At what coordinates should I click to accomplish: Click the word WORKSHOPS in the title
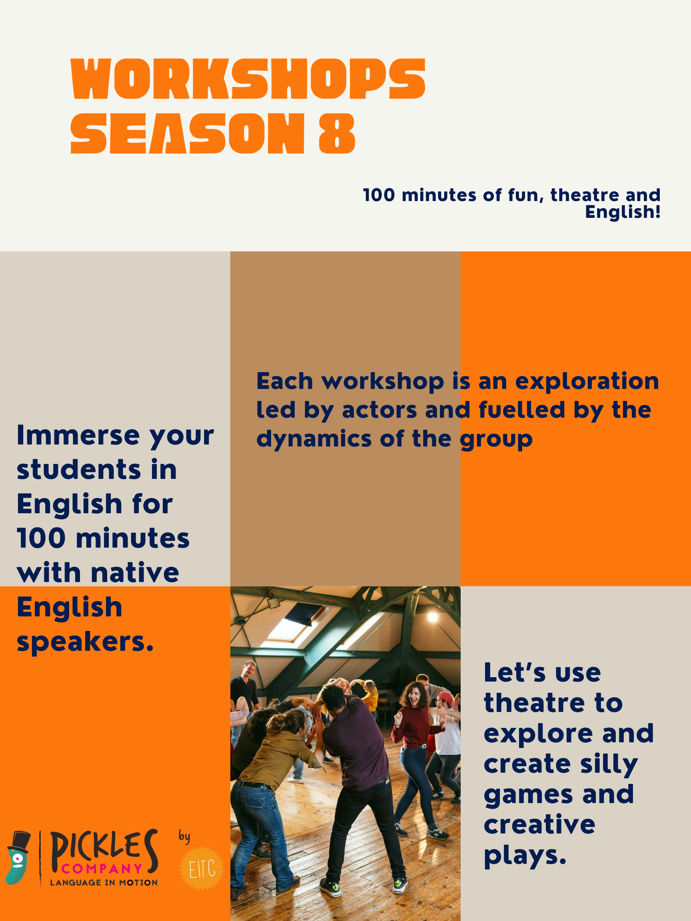point(248,79)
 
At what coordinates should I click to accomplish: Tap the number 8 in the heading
point(337,133)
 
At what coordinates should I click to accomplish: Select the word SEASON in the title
point(188,133)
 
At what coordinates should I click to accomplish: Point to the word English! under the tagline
point(623,211)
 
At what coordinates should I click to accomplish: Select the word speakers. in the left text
point(85,642)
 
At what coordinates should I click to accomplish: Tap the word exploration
point(587,382)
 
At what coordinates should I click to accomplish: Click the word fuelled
point(521,410)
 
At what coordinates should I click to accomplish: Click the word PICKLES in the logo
point(104,849)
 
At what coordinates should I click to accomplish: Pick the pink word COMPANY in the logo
point(102,869)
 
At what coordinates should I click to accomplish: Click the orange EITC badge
point(202,869)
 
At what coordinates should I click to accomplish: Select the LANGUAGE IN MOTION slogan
point(104,883)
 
